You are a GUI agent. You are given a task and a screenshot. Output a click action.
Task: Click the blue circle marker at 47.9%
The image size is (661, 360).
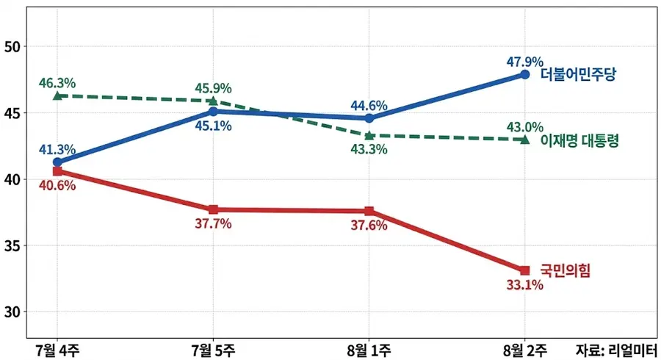click(525, 74)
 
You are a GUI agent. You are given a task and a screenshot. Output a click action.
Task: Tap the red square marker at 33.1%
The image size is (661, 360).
click(525, 270)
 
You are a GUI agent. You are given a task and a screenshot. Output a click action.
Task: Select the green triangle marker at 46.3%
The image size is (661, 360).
click(57, 96)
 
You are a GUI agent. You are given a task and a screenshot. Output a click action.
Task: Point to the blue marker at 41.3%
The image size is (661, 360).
click(57, 162)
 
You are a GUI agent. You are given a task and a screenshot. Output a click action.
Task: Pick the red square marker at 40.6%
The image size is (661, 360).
click(57, 171)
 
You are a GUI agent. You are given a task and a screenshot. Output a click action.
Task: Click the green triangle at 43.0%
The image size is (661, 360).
click(525, 140)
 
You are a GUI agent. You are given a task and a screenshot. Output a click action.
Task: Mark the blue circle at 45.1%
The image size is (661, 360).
click(213, 111)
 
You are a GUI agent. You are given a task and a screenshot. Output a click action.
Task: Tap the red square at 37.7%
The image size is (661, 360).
click(213, 209)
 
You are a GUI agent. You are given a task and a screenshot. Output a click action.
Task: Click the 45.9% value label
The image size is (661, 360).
click(213, 88)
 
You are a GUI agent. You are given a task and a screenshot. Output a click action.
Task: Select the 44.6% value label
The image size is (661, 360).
click(369, 105)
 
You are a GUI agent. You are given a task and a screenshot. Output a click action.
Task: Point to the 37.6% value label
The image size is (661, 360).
click(369, 226)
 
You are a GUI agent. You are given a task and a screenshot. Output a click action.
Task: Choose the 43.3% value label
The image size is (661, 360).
click(369, 149)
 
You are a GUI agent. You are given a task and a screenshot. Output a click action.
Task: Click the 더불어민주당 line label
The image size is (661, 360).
click(578, 75)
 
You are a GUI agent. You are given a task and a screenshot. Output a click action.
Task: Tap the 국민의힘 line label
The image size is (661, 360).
click(566, 270)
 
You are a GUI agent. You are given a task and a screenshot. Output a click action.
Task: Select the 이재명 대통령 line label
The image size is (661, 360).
click(579, 140)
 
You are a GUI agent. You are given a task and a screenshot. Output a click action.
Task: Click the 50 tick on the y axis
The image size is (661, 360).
click(12, 47)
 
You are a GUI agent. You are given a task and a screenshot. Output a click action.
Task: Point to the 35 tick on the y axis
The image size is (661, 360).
click(12, 246)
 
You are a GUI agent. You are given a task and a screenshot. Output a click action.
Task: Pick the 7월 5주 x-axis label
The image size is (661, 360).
click(213, 350)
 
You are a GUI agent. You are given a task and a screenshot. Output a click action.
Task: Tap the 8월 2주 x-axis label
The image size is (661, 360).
click(525, 350)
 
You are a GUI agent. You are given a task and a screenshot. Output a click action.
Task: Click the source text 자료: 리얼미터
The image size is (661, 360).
click(617, 350)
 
